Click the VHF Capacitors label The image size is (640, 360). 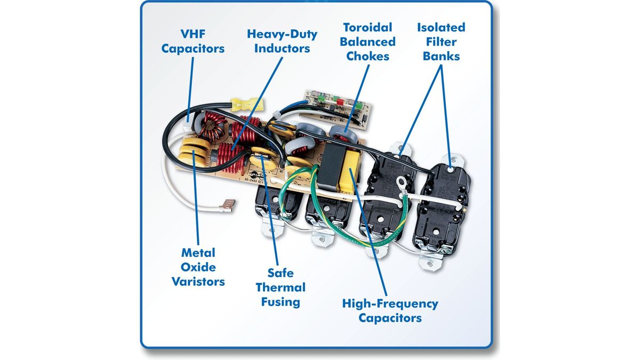193,41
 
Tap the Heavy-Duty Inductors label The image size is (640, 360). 282,41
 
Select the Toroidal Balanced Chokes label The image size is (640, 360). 367,41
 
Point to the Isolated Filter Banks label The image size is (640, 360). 441,41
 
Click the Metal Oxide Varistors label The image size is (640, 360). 198,267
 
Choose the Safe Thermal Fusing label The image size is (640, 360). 281,287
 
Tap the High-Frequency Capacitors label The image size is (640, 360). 390,311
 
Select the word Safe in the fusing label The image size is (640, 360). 281,273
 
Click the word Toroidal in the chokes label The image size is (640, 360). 367,27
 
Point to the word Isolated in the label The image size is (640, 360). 441,27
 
